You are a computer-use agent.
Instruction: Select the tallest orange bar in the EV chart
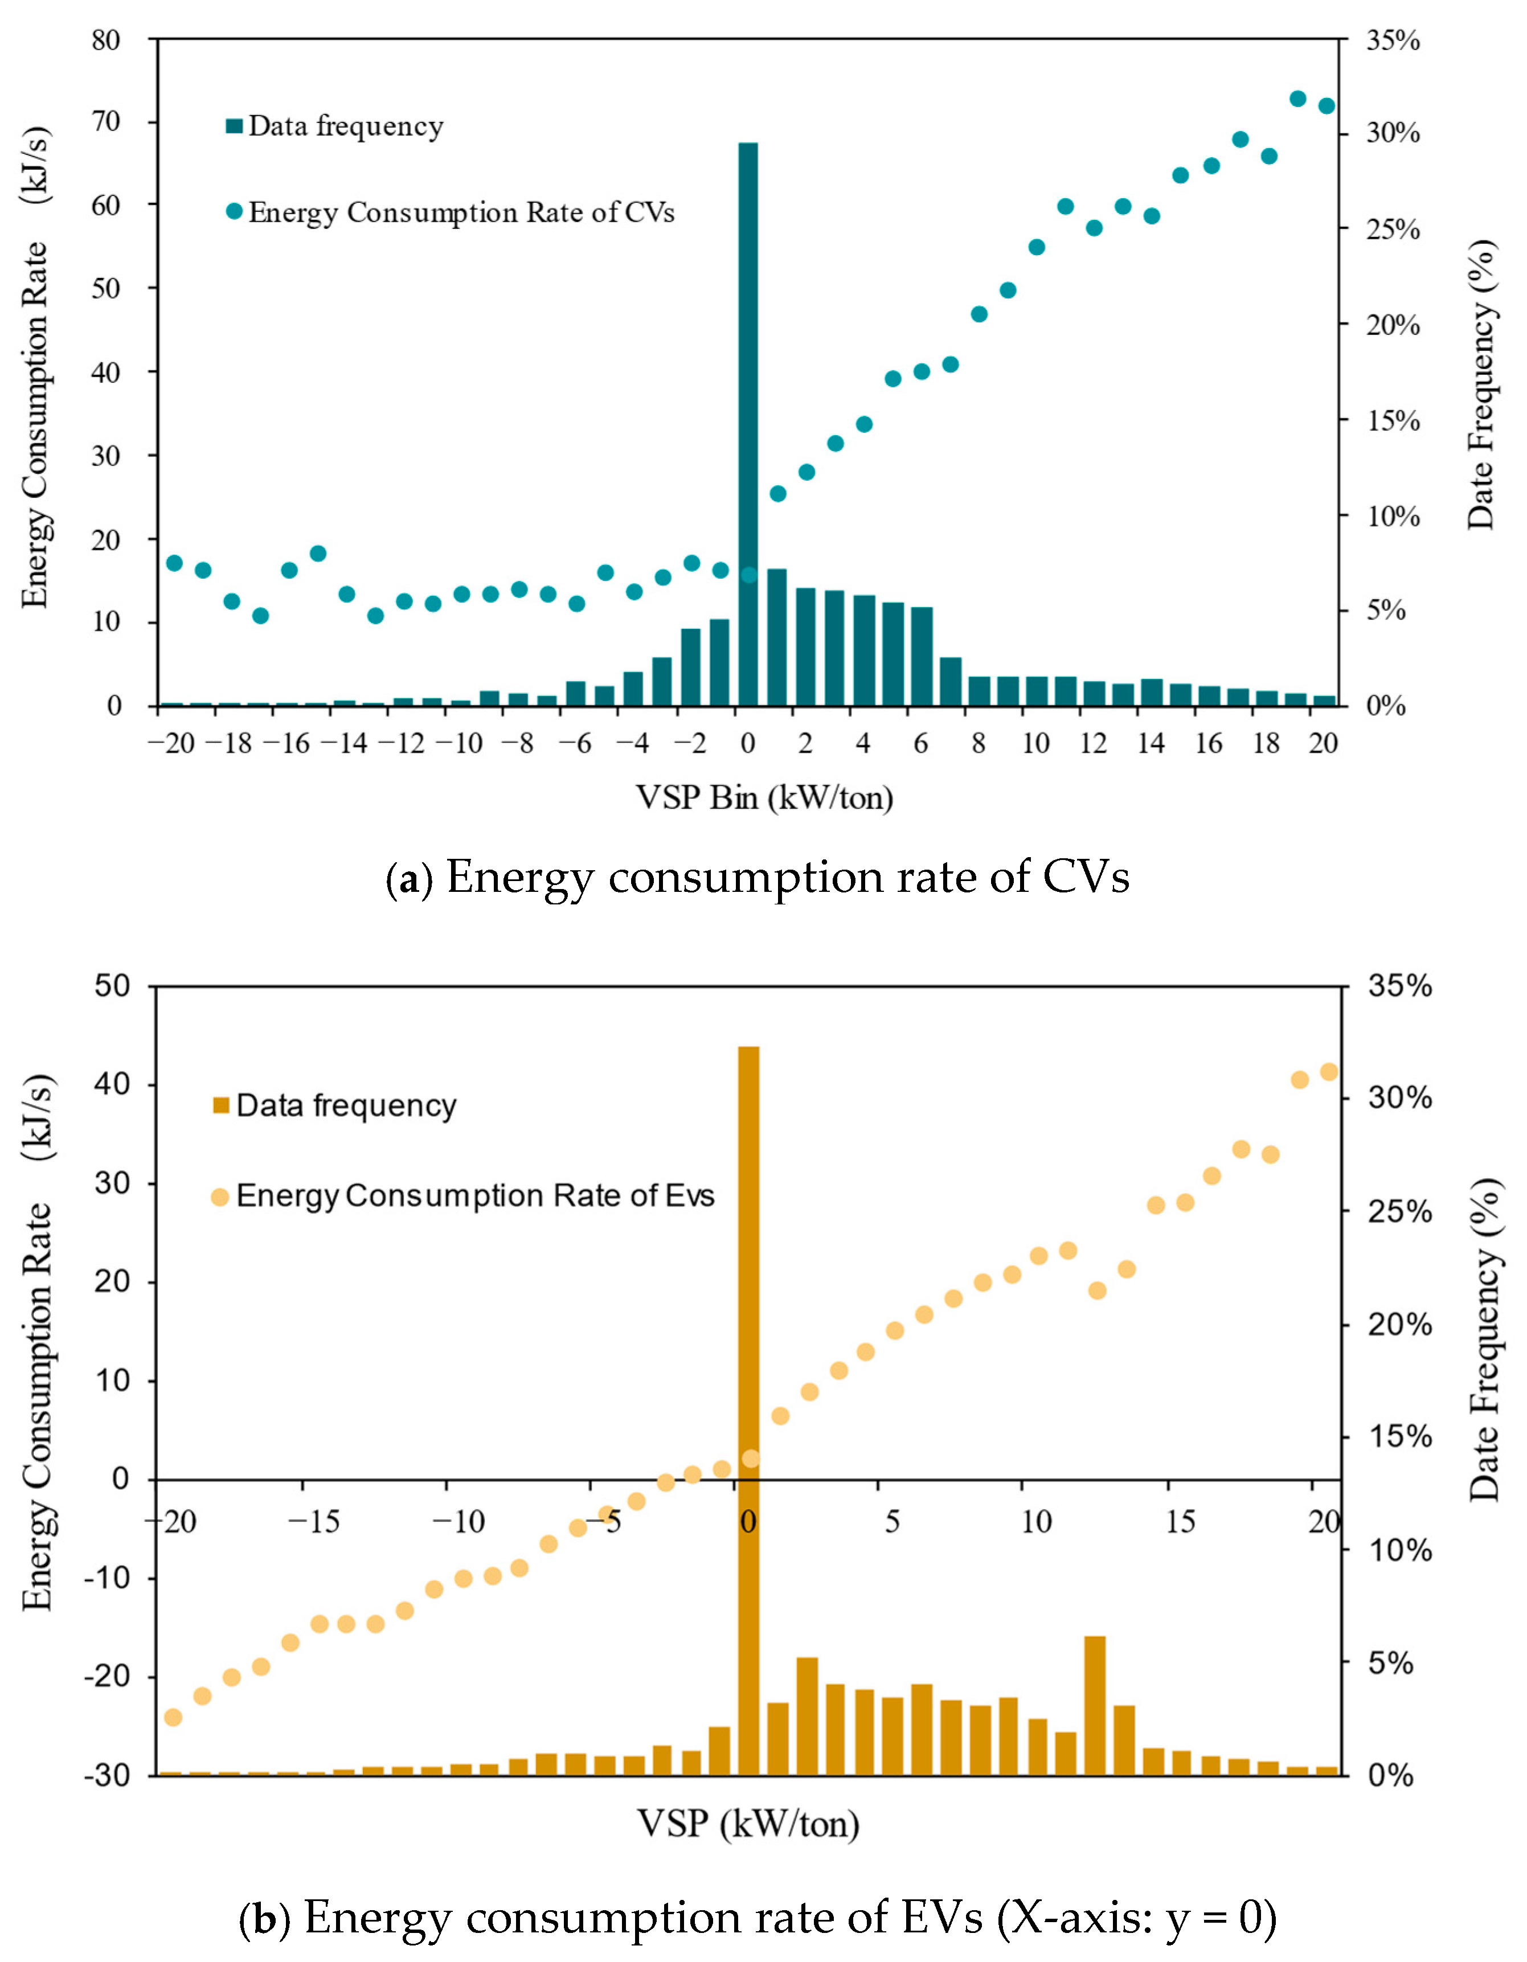pos(748,1410)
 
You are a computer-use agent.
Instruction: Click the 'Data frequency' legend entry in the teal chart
pos(335,126)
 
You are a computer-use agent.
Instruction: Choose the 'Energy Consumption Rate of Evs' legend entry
pos(464,1195)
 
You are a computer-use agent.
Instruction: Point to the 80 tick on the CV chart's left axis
pos(106,40)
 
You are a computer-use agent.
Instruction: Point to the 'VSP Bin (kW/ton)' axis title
pos(764,797)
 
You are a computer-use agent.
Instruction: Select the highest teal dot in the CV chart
pos(1297,99)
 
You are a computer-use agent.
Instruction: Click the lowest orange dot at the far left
pos(173,1717)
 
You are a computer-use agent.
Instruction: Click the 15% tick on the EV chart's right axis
pos(1398,1436)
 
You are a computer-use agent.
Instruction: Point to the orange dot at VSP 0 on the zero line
pos(751,1458)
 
